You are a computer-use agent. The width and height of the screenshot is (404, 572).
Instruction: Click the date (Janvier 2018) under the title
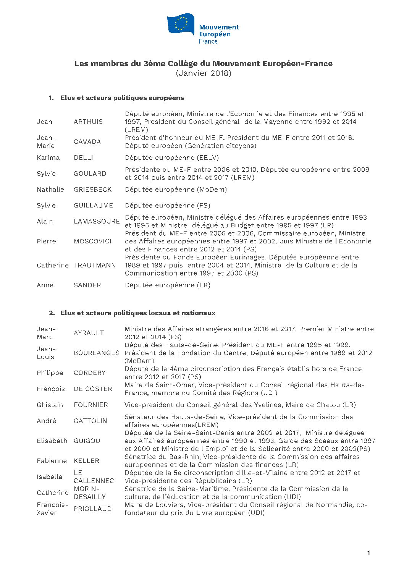point(204,73)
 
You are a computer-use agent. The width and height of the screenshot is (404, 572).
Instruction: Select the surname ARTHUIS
point(88,122)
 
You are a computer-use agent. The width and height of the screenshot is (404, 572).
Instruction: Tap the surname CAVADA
point(87,141)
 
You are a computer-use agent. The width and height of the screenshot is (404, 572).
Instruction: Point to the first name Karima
point(48,157)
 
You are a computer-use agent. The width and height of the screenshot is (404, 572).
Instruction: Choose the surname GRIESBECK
point(93,189)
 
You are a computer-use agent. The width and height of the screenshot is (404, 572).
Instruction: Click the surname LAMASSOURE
point(97,221)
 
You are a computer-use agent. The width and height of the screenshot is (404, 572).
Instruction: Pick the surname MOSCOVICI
point(92,241)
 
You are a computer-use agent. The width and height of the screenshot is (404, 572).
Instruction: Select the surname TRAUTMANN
point(95,265)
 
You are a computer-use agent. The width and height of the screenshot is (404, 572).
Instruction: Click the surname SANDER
point(87,285)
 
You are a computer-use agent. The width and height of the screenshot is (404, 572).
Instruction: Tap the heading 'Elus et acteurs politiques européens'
point(122,98)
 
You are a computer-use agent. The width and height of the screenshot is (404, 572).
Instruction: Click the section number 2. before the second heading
point(52,313)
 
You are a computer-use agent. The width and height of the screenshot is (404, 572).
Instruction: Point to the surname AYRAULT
point(89,333)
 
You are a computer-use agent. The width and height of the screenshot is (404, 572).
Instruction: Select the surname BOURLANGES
point(97,353)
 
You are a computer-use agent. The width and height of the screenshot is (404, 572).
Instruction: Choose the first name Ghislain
point(50,405)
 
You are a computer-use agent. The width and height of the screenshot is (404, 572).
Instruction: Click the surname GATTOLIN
point(90,421)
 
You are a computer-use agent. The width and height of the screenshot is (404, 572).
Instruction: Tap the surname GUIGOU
point(87,441)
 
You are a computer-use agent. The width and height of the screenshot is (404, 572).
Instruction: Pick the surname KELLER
point(87,461)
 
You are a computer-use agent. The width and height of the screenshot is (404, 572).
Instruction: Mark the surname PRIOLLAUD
point(93,509)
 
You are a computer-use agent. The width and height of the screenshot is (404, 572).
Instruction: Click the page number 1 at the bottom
point(368,553)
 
